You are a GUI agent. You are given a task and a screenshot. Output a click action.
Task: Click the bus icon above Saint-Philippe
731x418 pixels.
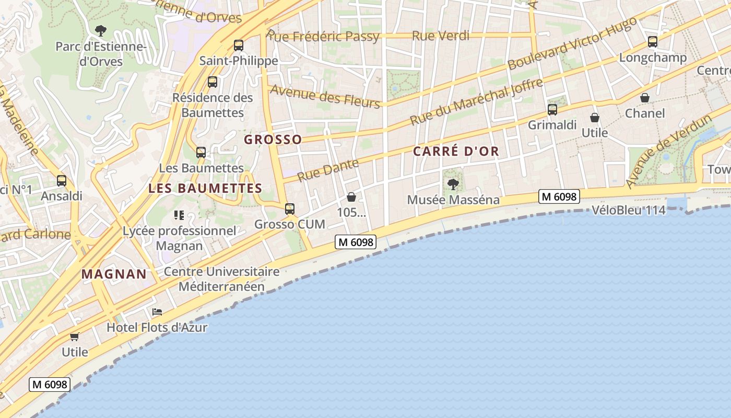239,45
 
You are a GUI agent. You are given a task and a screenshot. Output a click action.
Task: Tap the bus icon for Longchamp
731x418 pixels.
652,42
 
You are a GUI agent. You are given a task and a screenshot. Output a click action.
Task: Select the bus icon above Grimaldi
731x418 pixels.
552,110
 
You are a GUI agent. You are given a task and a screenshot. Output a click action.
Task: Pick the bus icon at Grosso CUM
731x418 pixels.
290,209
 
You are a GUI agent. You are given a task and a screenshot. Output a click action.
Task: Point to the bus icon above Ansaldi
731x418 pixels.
62,181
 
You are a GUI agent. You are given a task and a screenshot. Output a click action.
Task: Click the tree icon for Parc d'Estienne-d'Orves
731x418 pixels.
101,31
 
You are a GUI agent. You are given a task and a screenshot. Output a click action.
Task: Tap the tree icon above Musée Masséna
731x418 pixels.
453,184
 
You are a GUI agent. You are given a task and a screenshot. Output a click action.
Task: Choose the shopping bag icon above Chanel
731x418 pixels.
645,98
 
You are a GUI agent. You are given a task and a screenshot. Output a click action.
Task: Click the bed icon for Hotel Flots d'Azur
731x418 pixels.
157,312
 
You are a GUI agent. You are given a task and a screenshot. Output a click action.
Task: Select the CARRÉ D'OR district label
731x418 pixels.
456,152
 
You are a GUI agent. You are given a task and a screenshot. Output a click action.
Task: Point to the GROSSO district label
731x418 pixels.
273,140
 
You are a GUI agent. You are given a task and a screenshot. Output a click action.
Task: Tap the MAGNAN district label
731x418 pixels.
114,274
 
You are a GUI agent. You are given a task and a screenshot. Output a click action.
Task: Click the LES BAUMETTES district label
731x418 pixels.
205,188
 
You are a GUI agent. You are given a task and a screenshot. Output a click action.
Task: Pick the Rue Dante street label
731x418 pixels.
328,170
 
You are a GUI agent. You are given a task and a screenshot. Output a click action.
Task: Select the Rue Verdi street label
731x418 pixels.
441,36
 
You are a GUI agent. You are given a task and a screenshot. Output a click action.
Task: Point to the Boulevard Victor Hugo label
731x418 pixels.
572,43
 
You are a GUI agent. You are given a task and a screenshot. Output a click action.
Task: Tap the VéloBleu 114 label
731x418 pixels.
629,211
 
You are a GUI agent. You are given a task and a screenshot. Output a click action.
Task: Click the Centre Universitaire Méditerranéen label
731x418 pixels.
222,279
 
